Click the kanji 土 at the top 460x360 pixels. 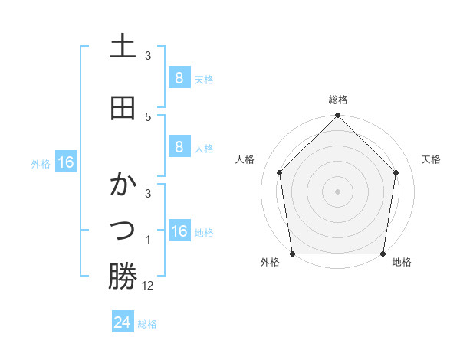coord(123,47)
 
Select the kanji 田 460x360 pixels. coord(123,109)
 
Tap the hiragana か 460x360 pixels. coord(123,185)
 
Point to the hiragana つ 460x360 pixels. coord(123,230)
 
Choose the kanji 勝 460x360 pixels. coord(123,277)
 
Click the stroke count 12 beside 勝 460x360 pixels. coord(148,286)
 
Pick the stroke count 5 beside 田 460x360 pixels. coord(148,116)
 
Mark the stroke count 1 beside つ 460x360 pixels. coord(148,240)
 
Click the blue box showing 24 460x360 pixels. coord(123,322)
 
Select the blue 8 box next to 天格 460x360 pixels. coord(179,77)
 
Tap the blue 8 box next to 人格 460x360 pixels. coord(179,147)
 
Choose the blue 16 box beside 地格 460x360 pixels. coord(179,231)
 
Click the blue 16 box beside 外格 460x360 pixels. coord(65,162)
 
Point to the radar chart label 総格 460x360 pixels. coord(338,100)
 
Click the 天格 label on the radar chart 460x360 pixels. coord(431,159)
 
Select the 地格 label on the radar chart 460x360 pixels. coord(402,263)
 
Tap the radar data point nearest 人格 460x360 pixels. coord(280,172)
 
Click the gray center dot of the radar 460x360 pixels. coord(338,191)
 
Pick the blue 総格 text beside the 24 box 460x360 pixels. coord(147,324)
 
